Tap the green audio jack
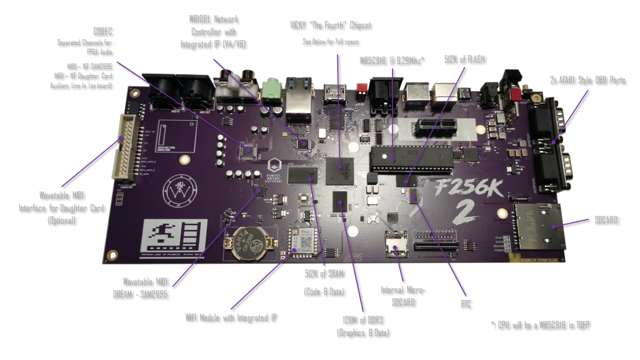coord(271,91)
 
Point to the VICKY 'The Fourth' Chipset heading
coord(330,25)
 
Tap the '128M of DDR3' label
coord(362,327)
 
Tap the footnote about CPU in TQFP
coord(541,324)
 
